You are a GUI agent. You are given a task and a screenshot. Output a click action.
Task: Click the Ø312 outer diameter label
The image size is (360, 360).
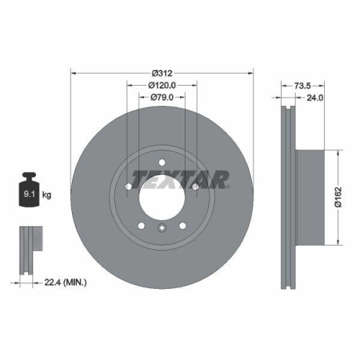[x=162, y=73]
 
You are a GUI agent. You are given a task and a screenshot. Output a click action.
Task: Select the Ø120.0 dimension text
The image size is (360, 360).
[x=162, y=85]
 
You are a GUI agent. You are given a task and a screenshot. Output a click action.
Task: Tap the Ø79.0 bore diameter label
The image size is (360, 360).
[x=162, y=97]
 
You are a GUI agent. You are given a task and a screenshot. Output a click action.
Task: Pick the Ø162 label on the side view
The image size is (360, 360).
[x=346, y=194]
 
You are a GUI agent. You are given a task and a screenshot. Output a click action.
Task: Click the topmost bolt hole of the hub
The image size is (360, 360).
[x=162, y=161]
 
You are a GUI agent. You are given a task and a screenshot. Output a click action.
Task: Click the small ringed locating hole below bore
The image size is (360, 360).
[x=162, y=229]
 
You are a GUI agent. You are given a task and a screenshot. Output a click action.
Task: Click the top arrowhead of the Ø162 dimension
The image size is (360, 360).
[x=337, y=152]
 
